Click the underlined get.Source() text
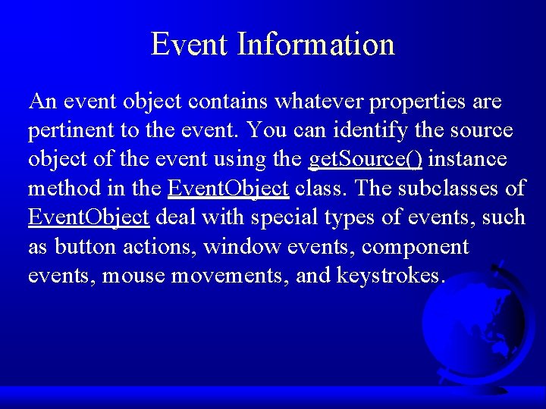[x=367, y=160]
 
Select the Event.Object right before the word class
[x=227, y=189]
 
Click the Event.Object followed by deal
[x=88, y=217]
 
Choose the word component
[x=415, y=247]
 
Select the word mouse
[x=133, y=275]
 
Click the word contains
[x=224, y=101]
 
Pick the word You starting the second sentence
[x=265, y=130]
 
